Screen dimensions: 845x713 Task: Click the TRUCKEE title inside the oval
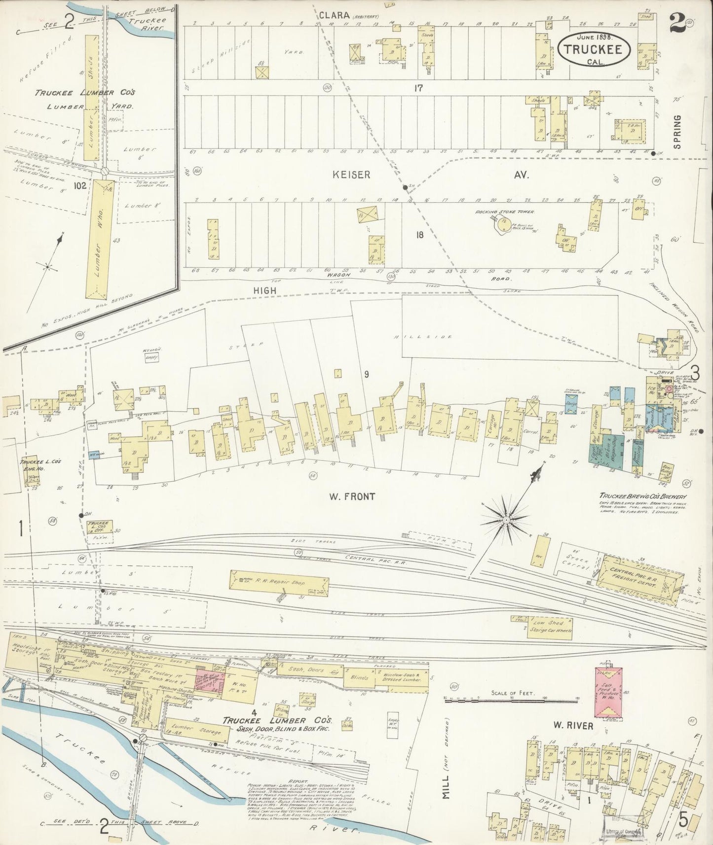coord(597,49)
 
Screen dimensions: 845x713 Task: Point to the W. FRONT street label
coord(352,497)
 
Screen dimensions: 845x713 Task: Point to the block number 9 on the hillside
coord(367,374)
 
